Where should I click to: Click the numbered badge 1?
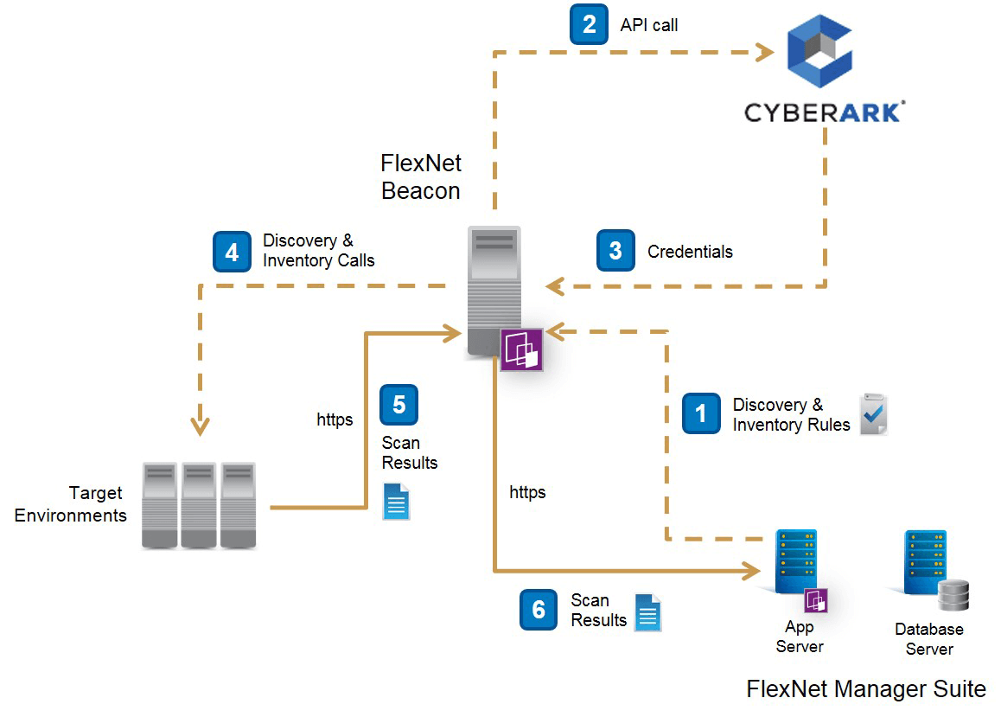pyautogui.click(x=701, y=413)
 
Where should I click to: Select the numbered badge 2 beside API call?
pyautogui.click(x=589, y=24)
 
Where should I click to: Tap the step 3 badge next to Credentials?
pyautogui.click(x=615, y=251)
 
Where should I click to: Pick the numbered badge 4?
pyautogui.click(x=232, y=252)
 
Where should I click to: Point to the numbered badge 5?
pyautogui.click(x=398, y=405)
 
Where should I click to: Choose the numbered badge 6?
pyautogui.click(x=539, y=610)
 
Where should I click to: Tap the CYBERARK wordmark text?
pyautogui.click(x=824, y=112)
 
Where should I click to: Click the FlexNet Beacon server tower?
pyautogui.click(x=494, y=290)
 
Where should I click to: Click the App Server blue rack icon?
pyautogui.click(x=796, y=561)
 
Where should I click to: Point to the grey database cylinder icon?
pyautogui.click(x=954, y=595)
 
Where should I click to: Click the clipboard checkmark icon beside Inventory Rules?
pyautogui.click(x=873, y=414)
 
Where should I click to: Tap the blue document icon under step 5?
pyautogui.click(x=397, y=501)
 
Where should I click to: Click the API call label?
pyautogui.click(x=648, y=25)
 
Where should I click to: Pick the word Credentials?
pyautogui.click(x=690, y=252)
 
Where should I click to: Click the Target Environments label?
pyautogui.click(x=71, y=504)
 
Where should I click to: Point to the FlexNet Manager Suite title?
pyautogui.click(x=865, y=688)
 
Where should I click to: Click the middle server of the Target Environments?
pyautogui.click(x=199, y=506)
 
